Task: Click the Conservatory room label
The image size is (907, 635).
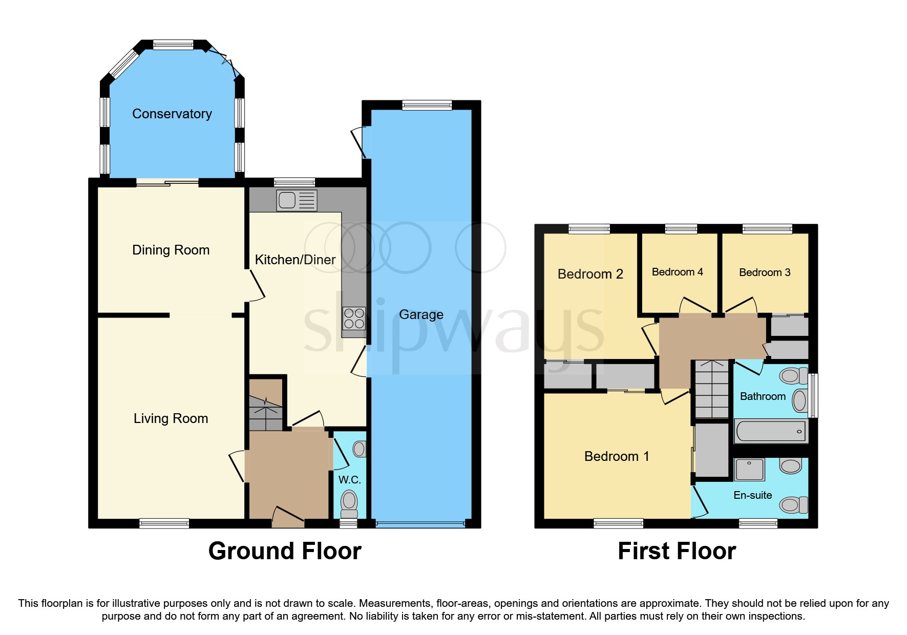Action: click(x=172, y=114)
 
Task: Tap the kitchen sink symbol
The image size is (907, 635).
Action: click(x=297, y=200)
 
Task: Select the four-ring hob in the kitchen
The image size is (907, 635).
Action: click(x=354, y=318)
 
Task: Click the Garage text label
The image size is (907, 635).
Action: click(x=421, y=314)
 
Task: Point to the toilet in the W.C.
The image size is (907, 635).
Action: click(x=349, y=503)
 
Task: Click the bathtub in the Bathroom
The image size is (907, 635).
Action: click(x=770, y=431)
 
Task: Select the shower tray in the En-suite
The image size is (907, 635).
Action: click(x=749, y=469)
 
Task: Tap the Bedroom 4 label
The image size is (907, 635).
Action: click(x=677, y=272)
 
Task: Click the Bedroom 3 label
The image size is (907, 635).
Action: click(x=765, y=272)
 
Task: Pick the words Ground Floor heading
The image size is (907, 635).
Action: click(x=285, y=551)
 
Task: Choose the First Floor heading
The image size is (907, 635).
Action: click(x=677, y=551)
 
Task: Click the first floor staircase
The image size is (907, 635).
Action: click(x=711, y=389)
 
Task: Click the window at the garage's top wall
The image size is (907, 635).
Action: click(x=427, y=105)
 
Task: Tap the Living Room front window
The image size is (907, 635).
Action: click(x=164, y=523)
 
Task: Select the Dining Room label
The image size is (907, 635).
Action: click(x=171, y=250)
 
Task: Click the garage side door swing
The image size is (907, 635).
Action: click(x=358, y=143)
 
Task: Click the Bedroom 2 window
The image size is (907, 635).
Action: click(x=589, y=229)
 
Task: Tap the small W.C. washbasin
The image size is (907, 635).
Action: click(x=359, y=449)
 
